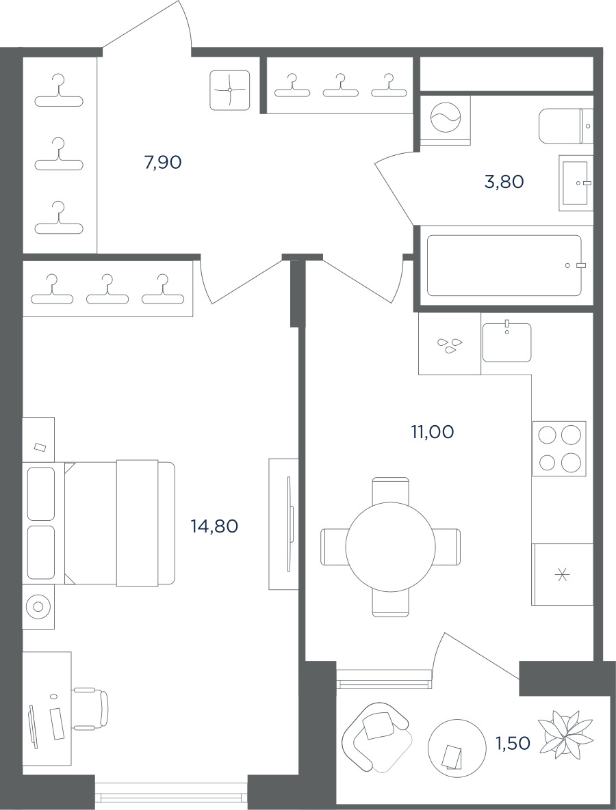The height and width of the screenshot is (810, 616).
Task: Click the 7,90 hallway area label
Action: [x=163, y=163]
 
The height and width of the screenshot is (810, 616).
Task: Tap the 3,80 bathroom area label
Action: [x=504, y=182]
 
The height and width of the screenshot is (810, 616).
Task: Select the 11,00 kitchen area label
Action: [x=433, y=431]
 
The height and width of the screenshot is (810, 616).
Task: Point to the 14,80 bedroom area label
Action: [x=214, y=526]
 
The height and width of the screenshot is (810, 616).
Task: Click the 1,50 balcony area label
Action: [x=513, y=744]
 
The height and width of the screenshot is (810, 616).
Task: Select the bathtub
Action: [x=504, y=265]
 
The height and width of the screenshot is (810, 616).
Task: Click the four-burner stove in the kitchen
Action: [x=560, y=448]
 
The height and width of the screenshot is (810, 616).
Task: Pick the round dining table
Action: [x=391, y=547]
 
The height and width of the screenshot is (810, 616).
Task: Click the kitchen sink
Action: [x=507, y=342]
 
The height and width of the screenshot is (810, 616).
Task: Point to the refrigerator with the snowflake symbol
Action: [x=562, y=574]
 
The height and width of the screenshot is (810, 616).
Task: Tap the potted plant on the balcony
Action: [x=565, y=734]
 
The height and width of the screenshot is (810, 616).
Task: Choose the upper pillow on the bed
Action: [x=41, y=494]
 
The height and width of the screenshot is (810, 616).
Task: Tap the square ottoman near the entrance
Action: [x=230, y=90]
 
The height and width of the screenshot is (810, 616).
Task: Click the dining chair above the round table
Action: [x=391, y=489]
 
